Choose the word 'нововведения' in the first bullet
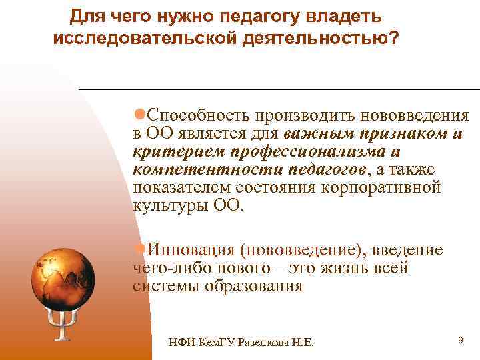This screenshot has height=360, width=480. (x=409, y=115)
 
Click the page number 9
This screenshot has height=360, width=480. (x=460, y=341)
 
